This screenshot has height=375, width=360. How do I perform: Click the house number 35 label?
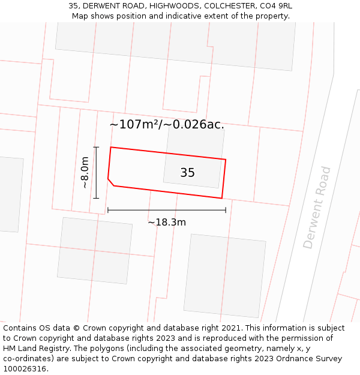[187, 173]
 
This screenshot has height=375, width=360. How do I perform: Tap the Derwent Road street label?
[317, 208]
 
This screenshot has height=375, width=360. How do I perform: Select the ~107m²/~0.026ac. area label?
[167, 125]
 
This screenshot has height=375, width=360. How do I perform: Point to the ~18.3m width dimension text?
[167, 222]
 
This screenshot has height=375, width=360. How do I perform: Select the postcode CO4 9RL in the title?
[275, 6]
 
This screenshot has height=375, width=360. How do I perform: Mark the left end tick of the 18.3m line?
[107, 210]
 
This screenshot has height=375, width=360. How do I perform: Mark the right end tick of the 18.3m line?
[226, 210]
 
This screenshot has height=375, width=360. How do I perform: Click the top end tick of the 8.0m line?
[96, 147]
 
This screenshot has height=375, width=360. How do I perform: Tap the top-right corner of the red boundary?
[226, 160]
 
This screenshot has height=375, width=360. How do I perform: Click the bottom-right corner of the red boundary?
[222, 198]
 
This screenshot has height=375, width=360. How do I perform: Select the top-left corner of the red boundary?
[111, 147]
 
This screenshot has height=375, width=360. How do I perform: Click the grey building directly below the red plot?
[224, 275]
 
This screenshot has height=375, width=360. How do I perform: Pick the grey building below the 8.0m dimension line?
[95, 250]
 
